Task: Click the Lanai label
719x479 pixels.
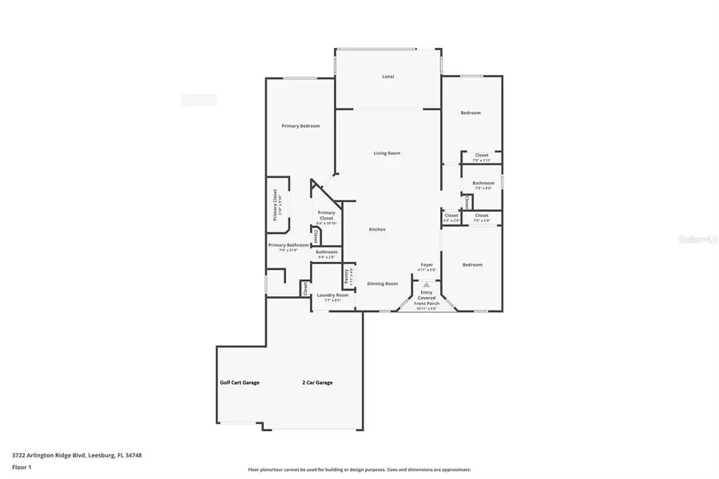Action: click(x=387, y=77)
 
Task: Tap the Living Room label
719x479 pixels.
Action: click(x=387, y=153)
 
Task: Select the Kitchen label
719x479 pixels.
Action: click(x=377, y=230)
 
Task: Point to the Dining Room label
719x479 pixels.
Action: click(x=382, y=283)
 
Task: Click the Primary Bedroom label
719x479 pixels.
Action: click(x=300, y=126)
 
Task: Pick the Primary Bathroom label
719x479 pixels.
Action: click(x=288, y=245)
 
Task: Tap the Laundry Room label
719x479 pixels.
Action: click(x=332, y=295)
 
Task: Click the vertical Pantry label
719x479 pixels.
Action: click(x=347, y=277)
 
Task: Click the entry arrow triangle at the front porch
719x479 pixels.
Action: click(x=427, y=283)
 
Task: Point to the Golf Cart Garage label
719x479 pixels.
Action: click(x=240, y=382)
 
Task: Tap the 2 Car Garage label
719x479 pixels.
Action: click(x=317, y=382)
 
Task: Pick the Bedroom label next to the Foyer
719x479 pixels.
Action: click(x=472, y=264)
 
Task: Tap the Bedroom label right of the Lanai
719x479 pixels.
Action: click(x=471, y=113)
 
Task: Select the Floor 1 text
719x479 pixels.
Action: click(x=22, y=467)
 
